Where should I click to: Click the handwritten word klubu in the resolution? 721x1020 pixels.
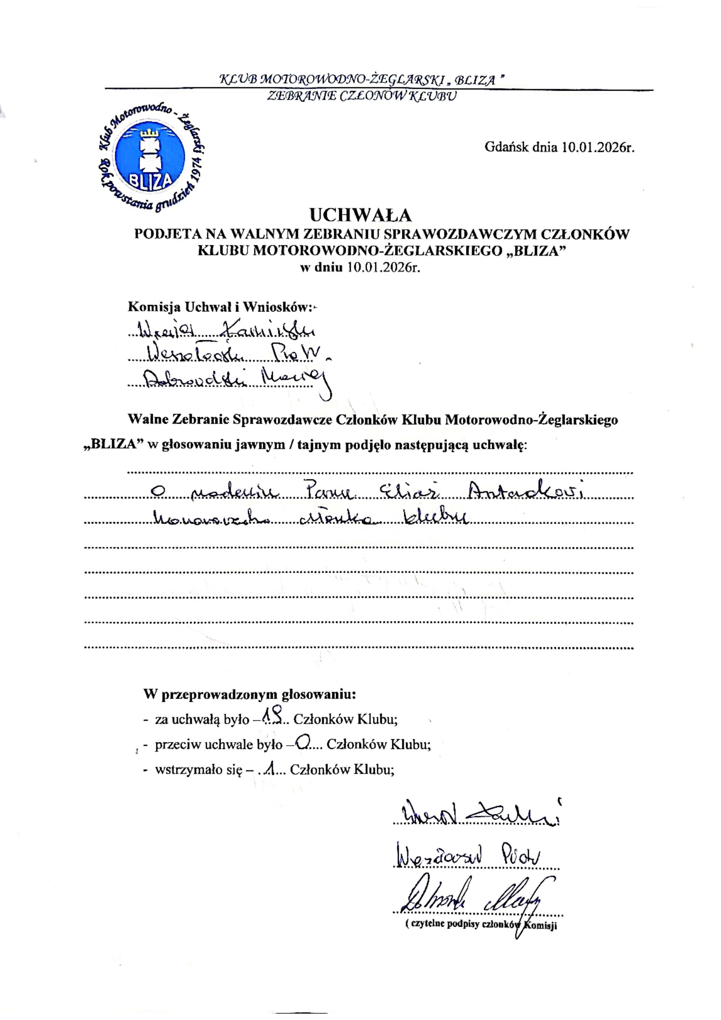(433, 517)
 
